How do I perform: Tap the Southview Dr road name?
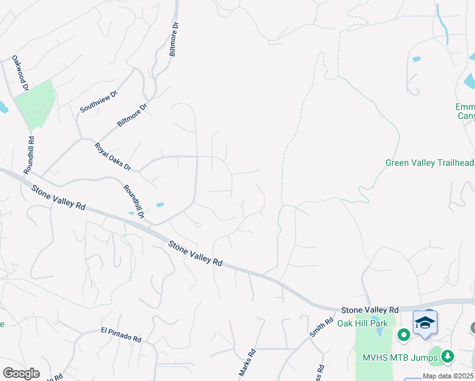pos(99,102)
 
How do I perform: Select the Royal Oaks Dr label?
pos(112,157)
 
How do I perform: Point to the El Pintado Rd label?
pos(121,335)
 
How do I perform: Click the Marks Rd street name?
pos(247,364)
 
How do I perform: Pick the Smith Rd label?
pos(321,328)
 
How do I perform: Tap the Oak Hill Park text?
pos(362,323)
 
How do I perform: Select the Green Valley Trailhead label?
pos(429,163)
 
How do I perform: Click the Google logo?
pos(21,373)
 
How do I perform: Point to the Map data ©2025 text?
pos(448,376)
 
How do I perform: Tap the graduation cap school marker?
pos(425,323)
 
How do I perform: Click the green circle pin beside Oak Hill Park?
pos(403,333)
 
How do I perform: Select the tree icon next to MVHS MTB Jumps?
pos(448,357)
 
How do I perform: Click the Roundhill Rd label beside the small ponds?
pos(134,203)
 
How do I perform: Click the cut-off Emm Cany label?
pos(465,111)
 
